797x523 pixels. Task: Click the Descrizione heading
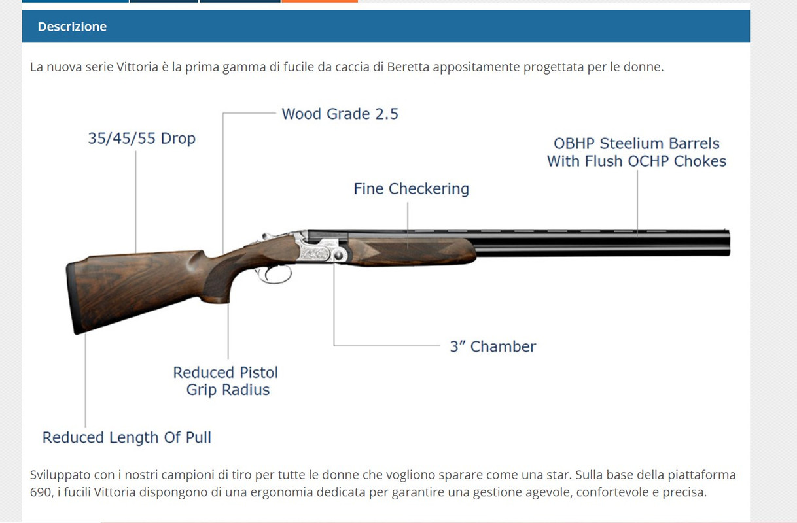click(x=72, y=27)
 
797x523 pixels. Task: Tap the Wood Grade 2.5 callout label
click(x=340, y=114)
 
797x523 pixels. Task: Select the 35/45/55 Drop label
click(x=141, y=139)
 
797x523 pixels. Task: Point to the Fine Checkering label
click(x=411, y=189)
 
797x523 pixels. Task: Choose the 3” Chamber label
click(x=492, y=346)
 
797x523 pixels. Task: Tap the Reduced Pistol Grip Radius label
click(x=226, y=381)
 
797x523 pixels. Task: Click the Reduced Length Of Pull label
click(x=127, y=437)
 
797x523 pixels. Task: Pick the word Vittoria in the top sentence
click(x=137, y=67)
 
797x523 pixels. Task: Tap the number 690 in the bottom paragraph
click(x=39, y=492)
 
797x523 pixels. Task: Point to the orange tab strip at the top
click(x=319, y=1)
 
